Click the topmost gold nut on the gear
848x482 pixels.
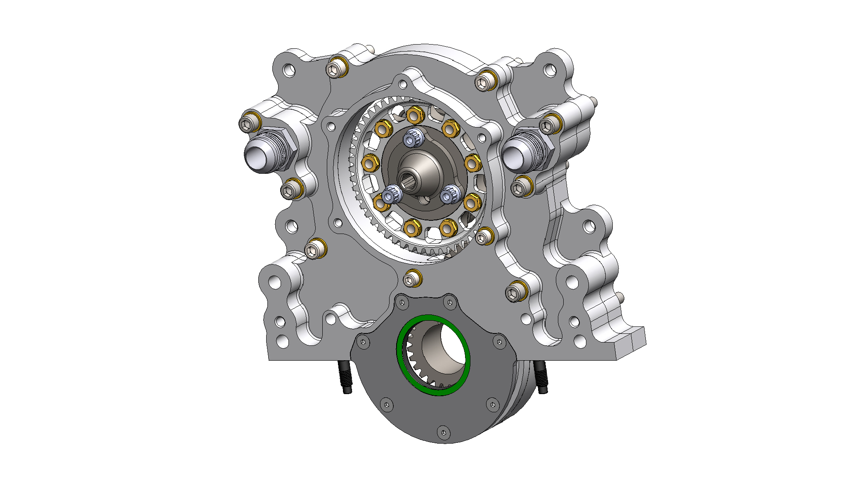[415, 115]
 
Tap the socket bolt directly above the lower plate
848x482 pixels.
[411, 279]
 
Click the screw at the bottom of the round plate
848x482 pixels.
[443, 432]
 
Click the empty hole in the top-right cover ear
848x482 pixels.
[550, 70]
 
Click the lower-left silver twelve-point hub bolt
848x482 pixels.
[390, 194]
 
